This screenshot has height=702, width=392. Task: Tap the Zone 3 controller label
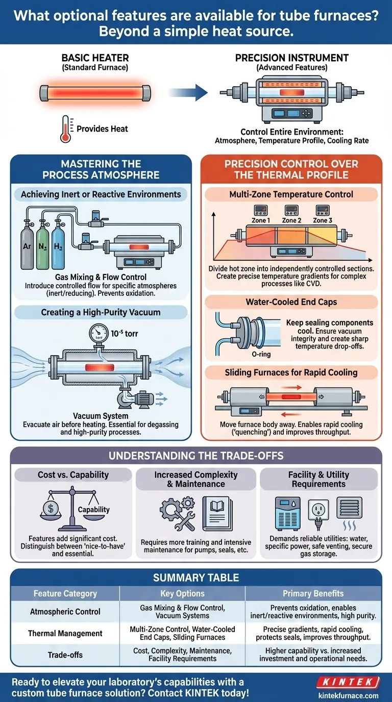(323, 220)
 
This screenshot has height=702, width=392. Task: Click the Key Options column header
(182, 593)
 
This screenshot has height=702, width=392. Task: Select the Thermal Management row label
(65, 633)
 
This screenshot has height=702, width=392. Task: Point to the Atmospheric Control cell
(65, 611)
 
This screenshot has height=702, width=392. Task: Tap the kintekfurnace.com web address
(349, 695)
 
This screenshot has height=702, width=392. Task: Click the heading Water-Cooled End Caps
(291, 302)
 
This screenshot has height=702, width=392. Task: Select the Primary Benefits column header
(313, 593)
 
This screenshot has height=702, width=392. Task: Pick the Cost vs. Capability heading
(73, 474)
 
